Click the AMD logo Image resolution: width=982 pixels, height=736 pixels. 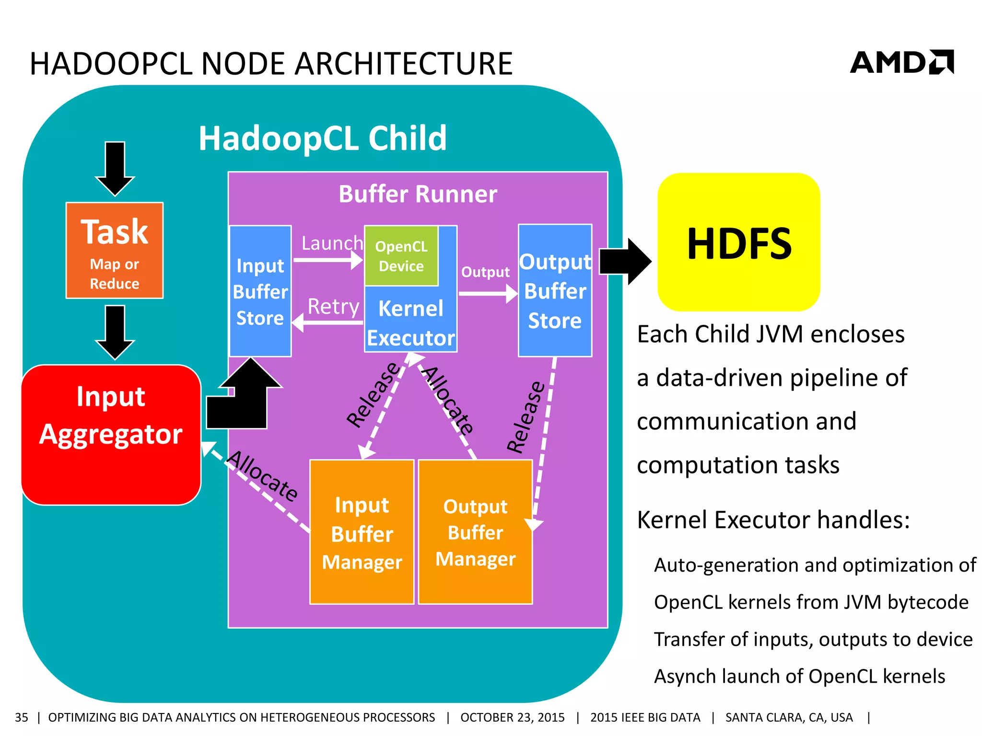pos(901,62)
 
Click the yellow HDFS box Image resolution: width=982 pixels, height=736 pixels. pos(738,242)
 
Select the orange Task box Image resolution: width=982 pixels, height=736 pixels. pos(115,250)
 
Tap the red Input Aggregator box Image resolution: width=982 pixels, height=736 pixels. pos(111,434)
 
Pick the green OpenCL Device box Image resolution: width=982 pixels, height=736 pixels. pos(401,256)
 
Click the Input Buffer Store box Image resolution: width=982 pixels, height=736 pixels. pos(260,291)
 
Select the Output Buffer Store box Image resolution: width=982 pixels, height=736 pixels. pos(555,291)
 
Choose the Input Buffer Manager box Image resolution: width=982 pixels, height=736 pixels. pos(362,532)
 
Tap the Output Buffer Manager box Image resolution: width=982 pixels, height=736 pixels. pos(475,532)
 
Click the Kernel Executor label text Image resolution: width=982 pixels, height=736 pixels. pos(411,323)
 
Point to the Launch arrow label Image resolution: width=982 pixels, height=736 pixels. pos(332,243)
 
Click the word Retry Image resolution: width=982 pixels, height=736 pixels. pos(333,307)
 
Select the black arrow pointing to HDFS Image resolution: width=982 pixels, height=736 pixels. pos(625,262)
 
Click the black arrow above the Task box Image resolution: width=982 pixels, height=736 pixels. pos(115,168)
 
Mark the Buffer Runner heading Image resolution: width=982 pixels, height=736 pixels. pos(418,194)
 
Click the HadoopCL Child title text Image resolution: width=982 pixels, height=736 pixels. pos(323,138)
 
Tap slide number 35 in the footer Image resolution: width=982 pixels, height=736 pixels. pos(22,717)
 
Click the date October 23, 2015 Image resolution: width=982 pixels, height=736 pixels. pos(512,717)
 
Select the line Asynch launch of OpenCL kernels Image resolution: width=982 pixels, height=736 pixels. pos(799,676)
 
